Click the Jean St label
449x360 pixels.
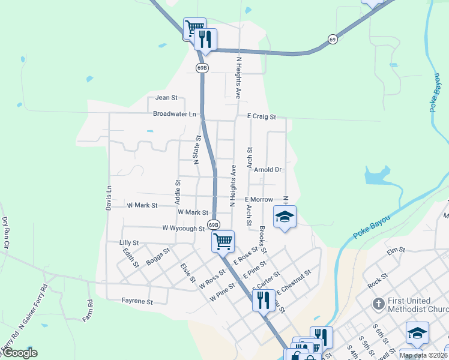pyautogui.click(x=167, y=97)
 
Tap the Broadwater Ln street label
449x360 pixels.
pyautogui.click(x=175, y=114)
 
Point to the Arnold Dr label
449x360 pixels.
pyautogui.click(x=268, y=170)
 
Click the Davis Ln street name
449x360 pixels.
pyautogui.click(x=109, y=196)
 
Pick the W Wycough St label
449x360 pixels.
pyautogui.click(x=184, y=228)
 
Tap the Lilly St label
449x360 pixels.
pyautogui.click(x=129, y=243)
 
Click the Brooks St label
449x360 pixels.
pyautogui.click(x=262, y=240)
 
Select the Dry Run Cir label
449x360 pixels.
pyautogui.click(x=5, y=233)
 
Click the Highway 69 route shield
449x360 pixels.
pyautogui.click(x=333, y=39)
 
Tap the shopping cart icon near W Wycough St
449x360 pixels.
pyautogui.click(x=223, y=241)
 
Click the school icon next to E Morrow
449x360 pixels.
pyautogui.click(x=285, y=217)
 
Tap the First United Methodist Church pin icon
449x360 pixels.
pyautogui.click(x=378, y=304)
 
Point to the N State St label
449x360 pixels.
pyautogui.click(x=196, y=149)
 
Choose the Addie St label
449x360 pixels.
pyautogui.click(x=178, y=190)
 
